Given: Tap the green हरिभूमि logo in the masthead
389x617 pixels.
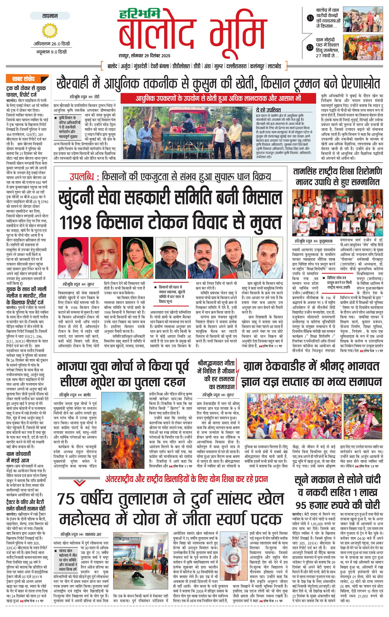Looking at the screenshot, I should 140,14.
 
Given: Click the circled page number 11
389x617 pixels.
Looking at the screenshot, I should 310,18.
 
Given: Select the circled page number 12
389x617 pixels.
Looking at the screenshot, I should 310,47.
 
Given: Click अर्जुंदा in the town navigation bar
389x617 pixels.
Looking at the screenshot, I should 126,66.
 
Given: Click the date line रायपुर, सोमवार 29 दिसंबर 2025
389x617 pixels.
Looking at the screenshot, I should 144,56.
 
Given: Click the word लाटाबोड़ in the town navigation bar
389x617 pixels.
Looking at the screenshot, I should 274,66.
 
